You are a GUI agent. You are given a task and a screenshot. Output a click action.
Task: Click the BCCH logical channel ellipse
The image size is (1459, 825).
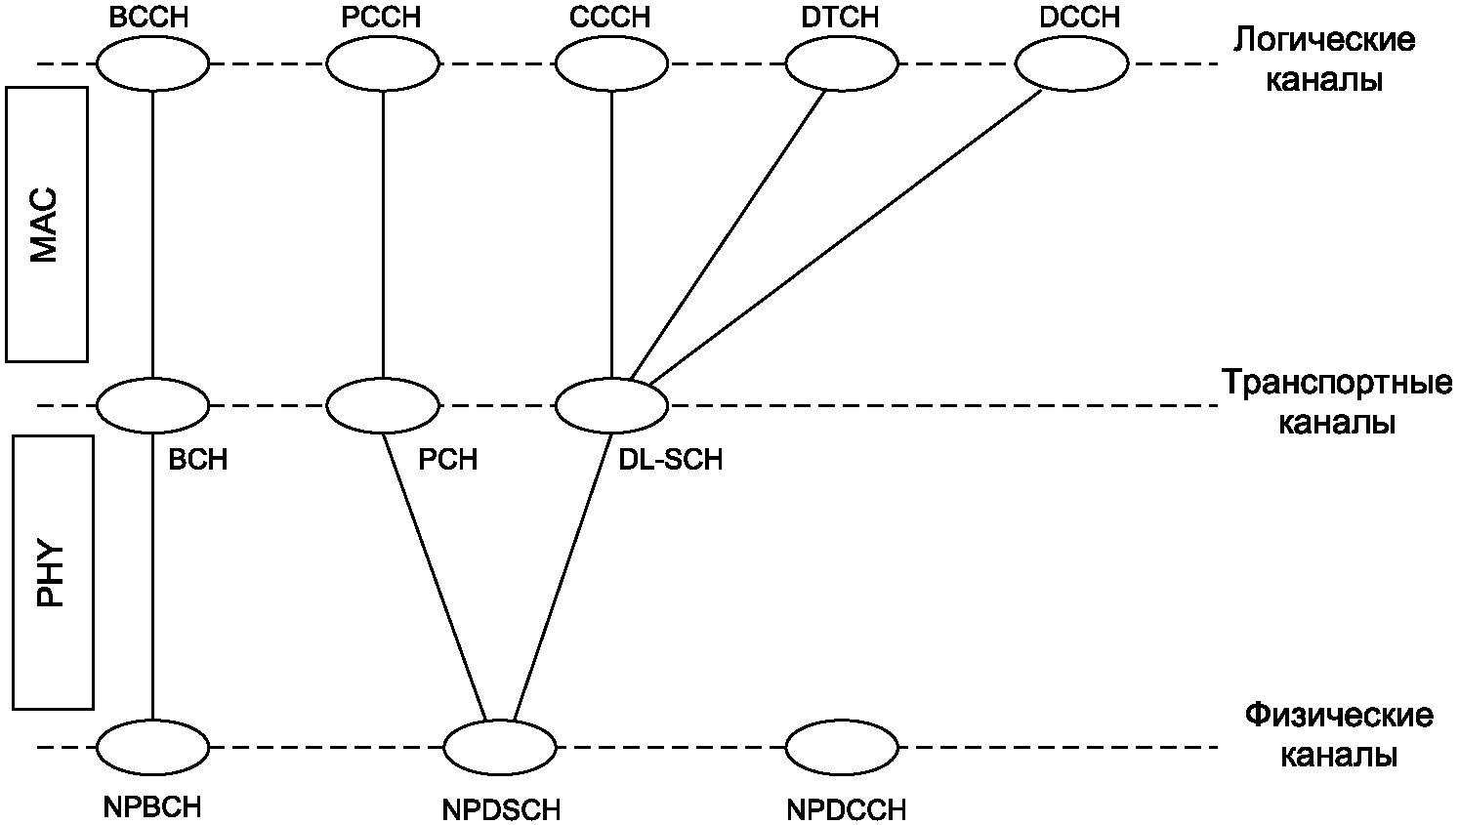(153, 63)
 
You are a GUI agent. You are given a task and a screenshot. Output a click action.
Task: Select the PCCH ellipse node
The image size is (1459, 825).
(383, 63)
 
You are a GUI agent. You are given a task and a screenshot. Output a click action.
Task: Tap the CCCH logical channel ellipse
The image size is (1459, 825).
(611, 63)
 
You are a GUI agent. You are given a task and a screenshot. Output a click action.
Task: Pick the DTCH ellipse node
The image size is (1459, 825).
(842, 63)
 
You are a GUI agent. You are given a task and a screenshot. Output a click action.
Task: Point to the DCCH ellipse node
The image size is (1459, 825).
(1072, 63)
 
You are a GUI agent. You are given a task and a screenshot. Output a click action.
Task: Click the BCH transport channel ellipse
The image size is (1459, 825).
(153, 405)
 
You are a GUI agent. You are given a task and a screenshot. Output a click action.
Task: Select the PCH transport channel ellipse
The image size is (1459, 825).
(383, 405)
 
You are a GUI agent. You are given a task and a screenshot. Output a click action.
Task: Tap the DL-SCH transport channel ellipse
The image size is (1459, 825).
(611, 405)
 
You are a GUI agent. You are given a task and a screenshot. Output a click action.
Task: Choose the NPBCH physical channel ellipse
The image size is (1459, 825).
(153, 748)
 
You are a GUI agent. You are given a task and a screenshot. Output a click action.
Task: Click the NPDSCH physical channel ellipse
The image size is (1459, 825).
(500, 748)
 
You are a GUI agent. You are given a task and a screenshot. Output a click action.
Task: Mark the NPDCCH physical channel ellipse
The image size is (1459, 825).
(842, 748)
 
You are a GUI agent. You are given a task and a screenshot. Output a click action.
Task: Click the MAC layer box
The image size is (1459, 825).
(47, 224)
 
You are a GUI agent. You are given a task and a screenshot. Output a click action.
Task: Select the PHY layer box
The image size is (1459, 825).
(54, 572)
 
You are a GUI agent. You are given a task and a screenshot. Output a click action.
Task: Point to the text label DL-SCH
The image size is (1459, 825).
(670, 461)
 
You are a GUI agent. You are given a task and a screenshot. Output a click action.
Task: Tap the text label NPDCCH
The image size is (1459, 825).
(846, 810)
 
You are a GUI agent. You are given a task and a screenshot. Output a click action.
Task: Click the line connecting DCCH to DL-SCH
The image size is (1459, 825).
(846, 236)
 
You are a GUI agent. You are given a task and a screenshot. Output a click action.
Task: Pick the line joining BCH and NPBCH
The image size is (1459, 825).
(153, 576)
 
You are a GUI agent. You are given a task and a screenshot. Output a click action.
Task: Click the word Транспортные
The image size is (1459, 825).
(1337, 384)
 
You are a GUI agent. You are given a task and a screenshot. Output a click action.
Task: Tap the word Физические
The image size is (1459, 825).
(1339, 717)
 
